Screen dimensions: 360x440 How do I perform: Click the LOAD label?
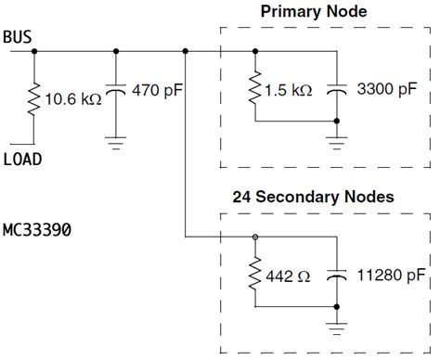[x=22, y=159]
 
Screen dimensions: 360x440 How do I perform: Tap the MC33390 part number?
[x=39, y=227]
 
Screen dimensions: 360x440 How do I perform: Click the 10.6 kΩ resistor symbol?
[x=34, y=98]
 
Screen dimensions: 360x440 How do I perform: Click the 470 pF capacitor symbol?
[x=115, y=93]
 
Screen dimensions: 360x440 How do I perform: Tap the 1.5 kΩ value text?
[x=288, y=92]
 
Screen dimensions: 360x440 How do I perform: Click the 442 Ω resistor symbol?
[x=254, y=276]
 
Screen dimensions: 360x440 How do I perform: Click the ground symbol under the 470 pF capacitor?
[x=115, y=141]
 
